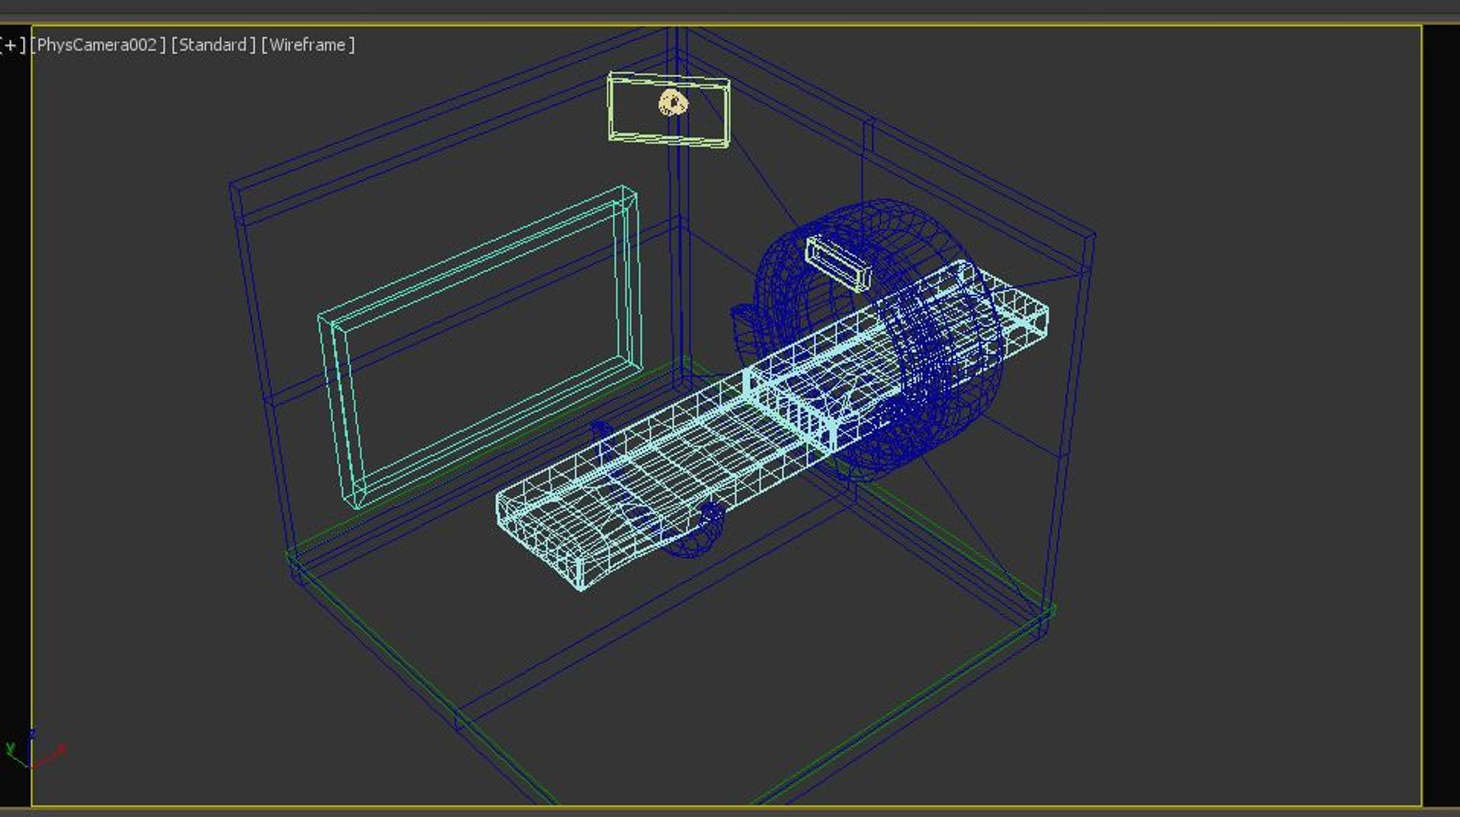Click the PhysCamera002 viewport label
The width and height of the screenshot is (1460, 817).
(x=97, y=45)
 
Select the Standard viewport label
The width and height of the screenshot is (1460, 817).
(x=213, y=45)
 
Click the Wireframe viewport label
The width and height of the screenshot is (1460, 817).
(x=308, y=45)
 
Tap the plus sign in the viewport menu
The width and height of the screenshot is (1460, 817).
(x=11, y=45)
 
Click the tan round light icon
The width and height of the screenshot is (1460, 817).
(x=672, y=103)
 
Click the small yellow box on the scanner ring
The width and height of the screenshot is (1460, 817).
(x=837, y=262)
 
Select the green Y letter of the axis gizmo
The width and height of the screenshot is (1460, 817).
(x=10, y=749)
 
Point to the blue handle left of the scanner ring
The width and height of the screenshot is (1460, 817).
(x=741, y=319)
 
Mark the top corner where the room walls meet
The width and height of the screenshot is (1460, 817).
(x=677, y=30)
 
